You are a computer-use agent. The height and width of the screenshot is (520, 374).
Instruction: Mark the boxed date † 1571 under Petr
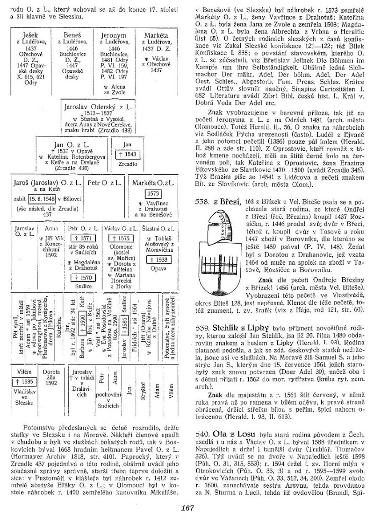[81, 238]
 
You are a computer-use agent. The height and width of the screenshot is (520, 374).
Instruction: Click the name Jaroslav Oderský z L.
[99, 106]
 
